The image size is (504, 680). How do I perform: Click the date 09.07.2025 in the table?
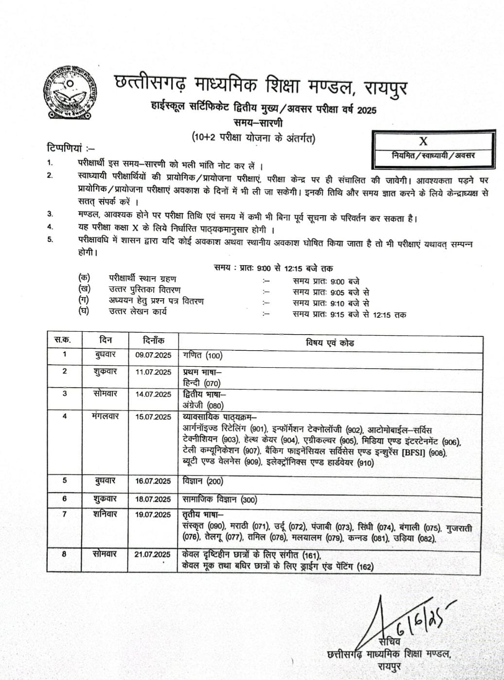(153, 355)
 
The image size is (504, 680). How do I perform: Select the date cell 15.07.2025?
(153, 417)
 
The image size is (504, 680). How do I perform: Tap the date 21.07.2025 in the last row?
(153, 554)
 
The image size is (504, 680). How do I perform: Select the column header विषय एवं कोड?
(330, 342)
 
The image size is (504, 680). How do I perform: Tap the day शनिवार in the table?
(105, 514)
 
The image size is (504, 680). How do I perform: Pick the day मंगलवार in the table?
(105, 416)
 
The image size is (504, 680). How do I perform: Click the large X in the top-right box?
(423, 141)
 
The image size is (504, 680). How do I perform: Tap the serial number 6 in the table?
(65, 499)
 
